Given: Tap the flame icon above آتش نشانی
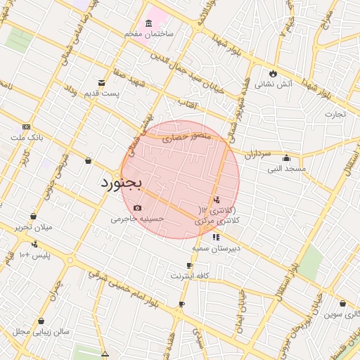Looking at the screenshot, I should [x=273, y=73].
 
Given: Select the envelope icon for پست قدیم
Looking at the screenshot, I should [x=102, y=83].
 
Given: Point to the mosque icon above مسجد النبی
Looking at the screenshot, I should [x=286, y=157].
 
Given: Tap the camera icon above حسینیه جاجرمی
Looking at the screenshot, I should [x=136, y=207].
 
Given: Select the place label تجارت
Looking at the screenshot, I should [x=335, y=113].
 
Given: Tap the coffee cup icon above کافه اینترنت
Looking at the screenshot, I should [x=189, y=265].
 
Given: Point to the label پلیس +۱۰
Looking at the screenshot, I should [x=34, y=254].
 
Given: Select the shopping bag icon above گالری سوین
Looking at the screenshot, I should [x=342, y=304].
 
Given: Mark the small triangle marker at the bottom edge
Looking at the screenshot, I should [x=105, y=354].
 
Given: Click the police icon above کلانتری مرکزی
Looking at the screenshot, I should [x=216, y=199].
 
